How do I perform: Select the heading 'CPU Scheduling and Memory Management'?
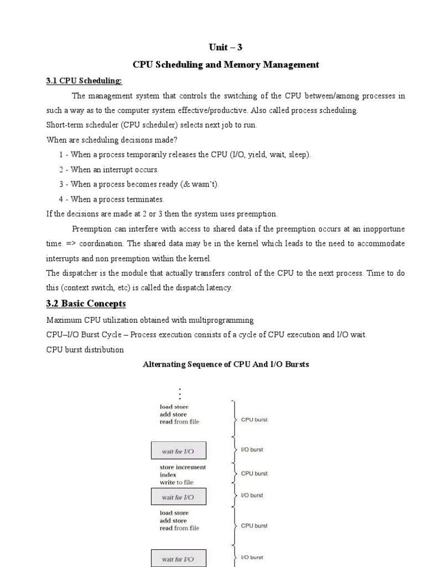[225, 65]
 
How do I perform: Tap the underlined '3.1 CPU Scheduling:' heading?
[84, 81]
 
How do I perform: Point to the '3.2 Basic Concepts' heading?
[86, 303]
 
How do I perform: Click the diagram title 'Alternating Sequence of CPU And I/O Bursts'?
[226, 364]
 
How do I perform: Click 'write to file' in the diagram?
[177, 482]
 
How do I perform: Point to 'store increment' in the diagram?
[183, 467]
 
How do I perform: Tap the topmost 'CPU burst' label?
[254, 420]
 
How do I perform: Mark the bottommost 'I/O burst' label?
[252, 557]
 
